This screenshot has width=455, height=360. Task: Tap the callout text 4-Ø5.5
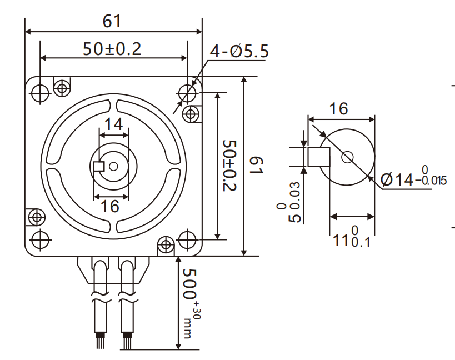point(239,52)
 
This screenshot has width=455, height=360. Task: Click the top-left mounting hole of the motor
point(39,93)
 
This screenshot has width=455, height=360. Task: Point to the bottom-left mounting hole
point(39,239)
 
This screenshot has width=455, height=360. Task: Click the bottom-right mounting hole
point(187,239)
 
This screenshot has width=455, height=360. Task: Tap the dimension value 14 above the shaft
point(113,124)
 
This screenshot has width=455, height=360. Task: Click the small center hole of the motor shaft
point(113,166)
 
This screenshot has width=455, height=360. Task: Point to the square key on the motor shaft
point(99,166)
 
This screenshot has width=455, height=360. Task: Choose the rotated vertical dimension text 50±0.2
point(229,166)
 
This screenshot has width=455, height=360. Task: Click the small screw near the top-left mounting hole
point(61,87)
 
